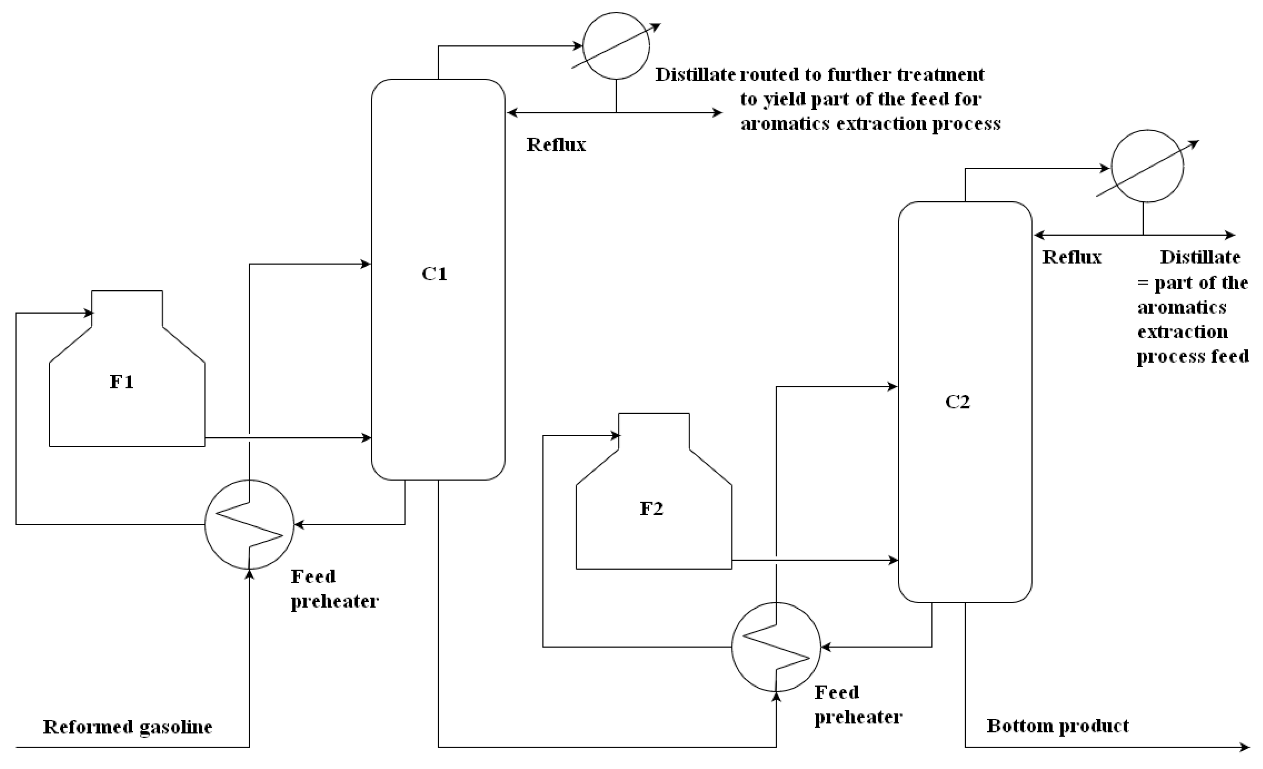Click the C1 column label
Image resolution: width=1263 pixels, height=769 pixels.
click(x=434, y=274)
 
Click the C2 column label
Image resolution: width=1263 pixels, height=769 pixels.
click(x=957, y=401)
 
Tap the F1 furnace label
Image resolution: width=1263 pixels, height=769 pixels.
click(x=121, y=382)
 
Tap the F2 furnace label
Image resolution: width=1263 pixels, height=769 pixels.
click(x=651, y=509)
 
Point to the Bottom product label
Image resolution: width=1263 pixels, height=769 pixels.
click(x=1057, y=726)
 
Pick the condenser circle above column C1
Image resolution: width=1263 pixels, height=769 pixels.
click(x=616, y=46)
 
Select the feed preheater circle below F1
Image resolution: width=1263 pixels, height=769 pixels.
click(x=249, y=524)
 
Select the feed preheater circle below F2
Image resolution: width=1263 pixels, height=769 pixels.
click(x=776, y=647)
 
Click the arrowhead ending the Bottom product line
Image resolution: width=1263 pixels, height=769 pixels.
click(x=1245, y=748)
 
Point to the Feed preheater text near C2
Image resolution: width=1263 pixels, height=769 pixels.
click(x=858, y=705)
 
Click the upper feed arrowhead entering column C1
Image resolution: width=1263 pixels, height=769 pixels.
click(x=366, y=264)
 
